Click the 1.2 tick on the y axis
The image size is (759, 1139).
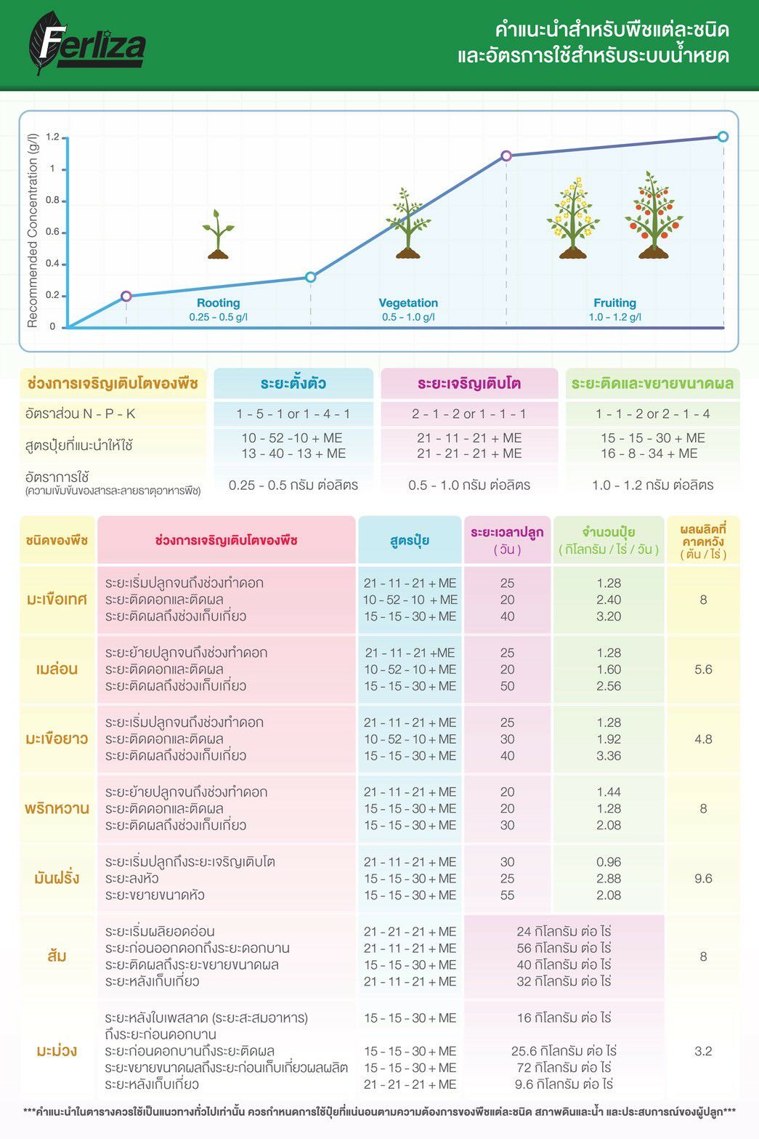coord(52,137)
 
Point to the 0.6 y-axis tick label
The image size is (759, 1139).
coord(52,232)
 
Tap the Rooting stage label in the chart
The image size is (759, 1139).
coord(218,303)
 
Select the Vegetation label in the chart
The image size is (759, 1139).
coord(408,303)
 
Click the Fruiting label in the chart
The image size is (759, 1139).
coord(614,303)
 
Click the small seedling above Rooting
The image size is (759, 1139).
coord(218,234)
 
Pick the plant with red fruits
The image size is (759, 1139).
coord(654,216)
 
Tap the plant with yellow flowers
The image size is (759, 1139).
coord(573,218)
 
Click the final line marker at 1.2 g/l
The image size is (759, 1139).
coord(723,137)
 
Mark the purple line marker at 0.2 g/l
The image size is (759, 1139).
coord(126,296)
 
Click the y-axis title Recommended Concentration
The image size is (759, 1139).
coord(33,230)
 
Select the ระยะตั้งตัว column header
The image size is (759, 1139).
coord(293,383)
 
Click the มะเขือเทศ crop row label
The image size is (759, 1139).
coord(57,600)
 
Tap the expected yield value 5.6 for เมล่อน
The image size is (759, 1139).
coord(703,669)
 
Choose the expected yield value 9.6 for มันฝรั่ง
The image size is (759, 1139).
coord(703,878)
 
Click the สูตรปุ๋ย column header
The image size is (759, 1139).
coord(410,540)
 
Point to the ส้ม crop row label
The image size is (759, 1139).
coord(57,956)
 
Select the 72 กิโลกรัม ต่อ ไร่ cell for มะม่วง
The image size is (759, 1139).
coord(564,1068)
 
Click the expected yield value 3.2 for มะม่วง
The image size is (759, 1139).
coord(703,1051)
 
